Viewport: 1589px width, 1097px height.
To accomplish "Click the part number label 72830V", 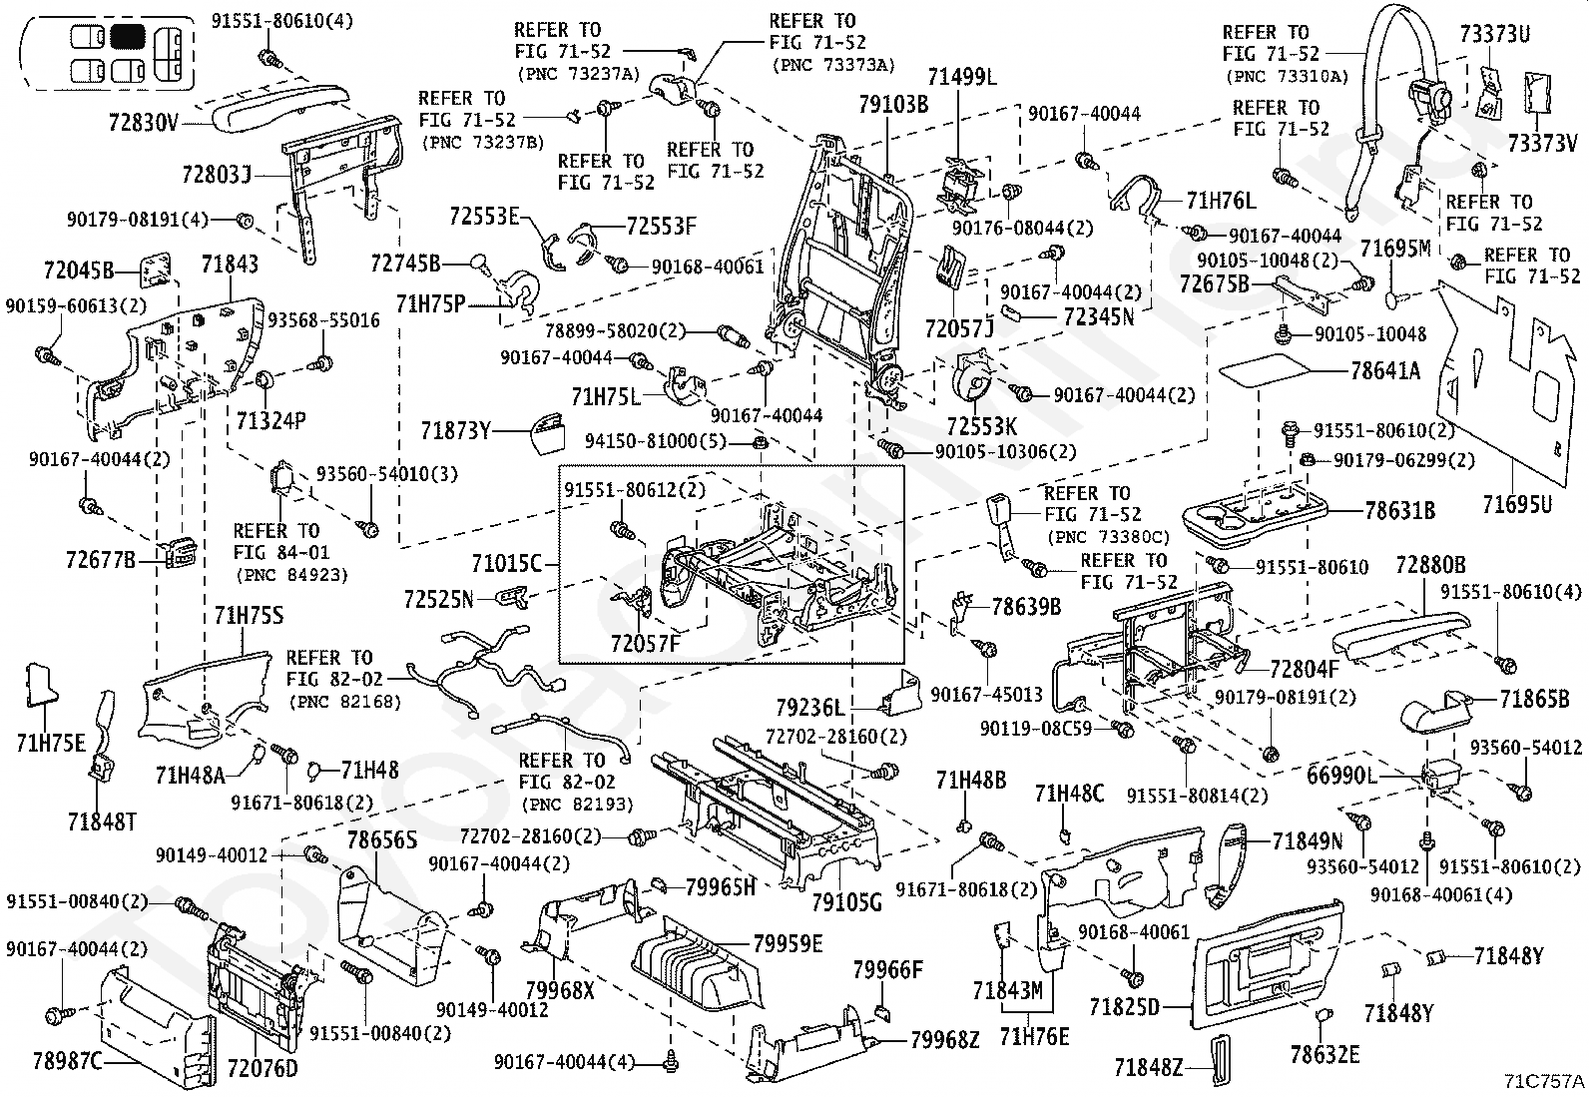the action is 144,122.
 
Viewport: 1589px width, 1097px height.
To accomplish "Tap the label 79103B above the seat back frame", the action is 893,104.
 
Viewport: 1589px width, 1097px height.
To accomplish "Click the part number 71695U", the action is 1517,504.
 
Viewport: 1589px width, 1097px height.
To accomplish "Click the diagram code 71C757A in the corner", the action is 1544,1081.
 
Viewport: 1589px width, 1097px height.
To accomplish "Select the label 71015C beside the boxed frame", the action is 506,564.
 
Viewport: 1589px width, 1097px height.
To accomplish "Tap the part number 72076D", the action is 263,1068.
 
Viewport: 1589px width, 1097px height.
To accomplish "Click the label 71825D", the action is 1124,1006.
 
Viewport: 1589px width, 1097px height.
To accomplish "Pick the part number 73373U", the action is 1494,33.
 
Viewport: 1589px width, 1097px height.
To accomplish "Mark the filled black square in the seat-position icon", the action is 128,36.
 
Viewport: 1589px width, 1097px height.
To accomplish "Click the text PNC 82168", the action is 344,702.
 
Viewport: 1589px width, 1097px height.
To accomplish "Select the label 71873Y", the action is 455,430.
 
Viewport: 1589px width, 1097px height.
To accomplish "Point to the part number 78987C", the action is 68,1061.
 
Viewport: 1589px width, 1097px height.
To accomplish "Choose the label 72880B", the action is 1431,565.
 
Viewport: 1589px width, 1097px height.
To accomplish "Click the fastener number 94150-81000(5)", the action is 656,441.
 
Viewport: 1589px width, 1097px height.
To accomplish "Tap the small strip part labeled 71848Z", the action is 1221,1060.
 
